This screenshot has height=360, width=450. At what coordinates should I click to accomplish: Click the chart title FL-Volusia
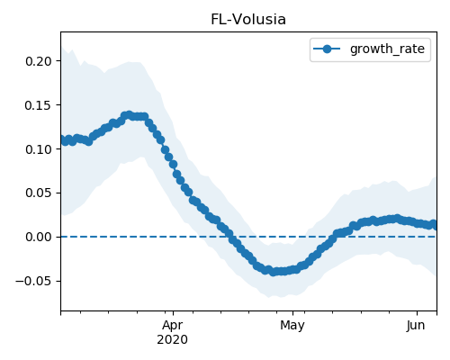[x=248, y=20]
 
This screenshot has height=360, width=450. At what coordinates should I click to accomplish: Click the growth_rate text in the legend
[x=387, y=49]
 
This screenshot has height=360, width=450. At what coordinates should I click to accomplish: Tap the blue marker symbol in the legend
[x=327, y=49]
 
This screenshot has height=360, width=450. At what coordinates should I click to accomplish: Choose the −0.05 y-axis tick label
[x=33, y=281]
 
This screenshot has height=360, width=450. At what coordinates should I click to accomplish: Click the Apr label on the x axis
[x=173, y=326]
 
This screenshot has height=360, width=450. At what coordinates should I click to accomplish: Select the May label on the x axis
[x=292, y=326]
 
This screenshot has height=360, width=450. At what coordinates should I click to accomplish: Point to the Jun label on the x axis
[x=416, y=326]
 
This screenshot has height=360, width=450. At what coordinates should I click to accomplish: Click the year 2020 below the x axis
[x=172, y=339]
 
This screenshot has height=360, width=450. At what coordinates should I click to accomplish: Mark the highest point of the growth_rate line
[x=129, y=115]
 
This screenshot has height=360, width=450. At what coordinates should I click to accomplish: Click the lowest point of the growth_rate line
[x=273, y=272]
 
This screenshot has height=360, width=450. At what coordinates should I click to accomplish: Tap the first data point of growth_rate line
[x=62, y=139]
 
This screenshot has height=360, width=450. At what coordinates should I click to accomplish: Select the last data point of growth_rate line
[x=434, y=224]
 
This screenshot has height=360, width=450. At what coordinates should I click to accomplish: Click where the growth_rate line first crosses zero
[x=232, y=237]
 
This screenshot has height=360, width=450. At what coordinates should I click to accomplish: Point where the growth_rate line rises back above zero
[x=333, y=237]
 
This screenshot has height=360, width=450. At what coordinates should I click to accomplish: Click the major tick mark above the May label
[x=293, y=313]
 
